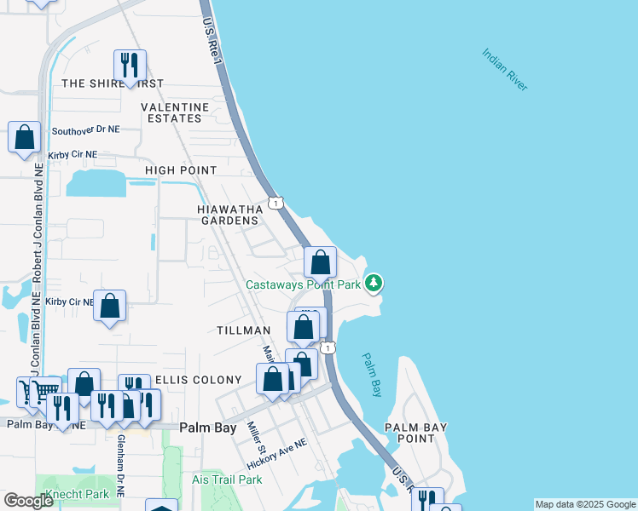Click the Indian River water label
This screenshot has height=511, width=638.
click(505, 69)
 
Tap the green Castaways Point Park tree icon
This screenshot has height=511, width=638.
click(374, 284)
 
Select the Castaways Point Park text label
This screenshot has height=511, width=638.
click(303, 284)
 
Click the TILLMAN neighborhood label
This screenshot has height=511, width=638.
click(243, 330)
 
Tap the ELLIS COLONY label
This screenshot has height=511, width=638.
click(188, 380)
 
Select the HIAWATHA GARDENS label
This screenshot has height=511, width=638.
click(229, 214)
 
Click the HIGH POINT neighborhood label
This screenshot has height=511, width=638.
click(181, 170)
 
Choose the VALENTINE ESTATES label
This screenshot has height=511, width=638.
click(175, 112)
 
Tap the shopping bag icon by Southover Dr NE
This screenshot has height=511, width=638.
click(25, 137)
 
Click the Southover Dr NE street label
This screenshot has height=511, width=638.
click(86, 130)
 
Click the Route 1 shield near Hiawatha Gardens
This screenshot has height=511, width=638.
click(275, 202)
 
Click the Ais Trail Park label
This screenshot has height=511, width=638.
click(227, 479)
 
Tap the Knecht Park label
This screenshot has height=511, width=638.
click(79, 493)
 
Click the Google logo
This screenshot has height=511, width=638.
click(28, 502)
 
